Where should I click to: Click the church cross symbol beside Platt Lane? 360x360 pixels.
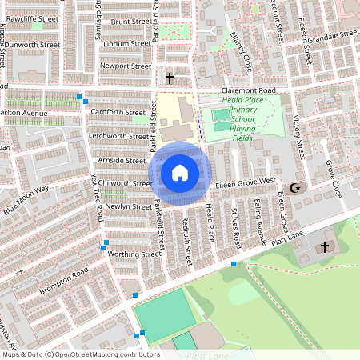coord(324,246)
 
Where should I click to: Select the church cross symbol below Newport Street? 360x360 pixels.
coord(170,78)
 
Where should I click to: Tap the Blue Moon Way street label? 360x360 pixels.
coord(26,201)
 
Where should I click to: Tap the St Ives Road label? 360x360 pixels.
coord(234,225)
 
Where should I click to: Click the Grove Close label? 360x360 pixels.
coord(332,179)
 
